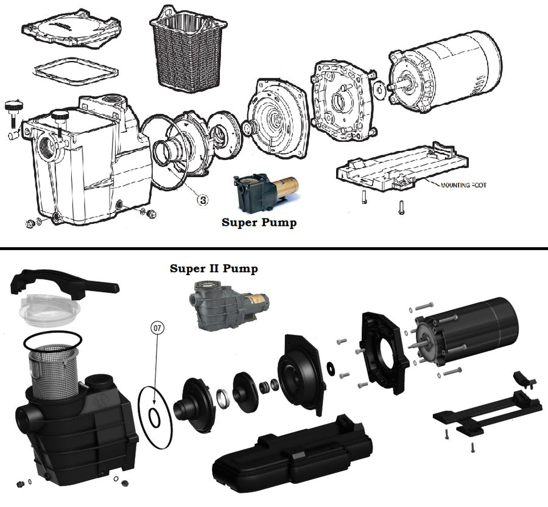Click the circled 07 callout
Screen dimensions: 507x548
pyautogui.click(x=158, y=328)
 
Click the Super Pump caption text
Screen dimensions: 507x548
pyautogui.click(x=259, y=223)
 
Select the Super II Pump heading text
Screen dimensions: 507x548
pyautogui.click(x=214, y=268)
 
